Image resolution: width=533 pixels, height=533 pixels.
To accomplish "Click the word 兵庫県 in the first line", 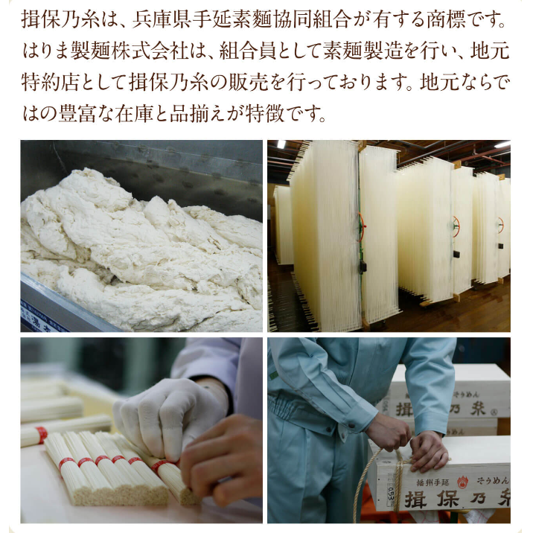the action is (x=162, y=20).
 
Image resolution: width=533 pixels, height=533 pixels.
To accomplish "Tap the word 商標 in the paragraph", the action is (x=446, y=20).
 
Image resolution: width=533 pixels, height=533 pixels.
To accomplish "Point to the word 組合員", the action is (x=249, y=51).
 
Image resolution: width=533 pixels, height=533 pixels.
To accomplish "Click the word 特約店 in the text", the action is (x=51, y=83).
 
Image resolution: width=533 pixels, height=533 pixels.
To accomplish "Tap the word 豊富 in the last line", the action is (x=77, y=114).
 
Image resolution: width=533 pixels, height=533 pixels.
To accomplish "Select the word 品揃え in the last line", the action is (x=199, y=114).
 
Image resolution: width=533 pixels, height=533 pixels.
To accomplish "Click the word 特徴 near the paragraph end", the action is (x=265, y=114).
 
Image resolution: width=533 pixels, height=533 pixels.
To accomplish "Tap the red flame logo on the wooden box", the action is (x=462, y=482).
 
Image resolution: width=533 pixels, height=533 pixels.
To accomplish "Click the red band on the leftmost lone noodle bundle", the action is (x=41, y=435).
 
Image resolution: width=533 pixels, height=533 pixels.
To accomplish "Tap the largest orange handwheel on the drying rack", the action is (x=361, y=227).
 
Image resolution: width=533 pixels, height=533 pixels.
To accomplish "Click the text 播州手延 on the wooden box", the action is (x=433, y=482).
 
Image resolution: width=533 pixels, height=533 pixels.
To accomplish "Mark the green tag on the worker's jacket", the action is (x=274, y=375).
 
